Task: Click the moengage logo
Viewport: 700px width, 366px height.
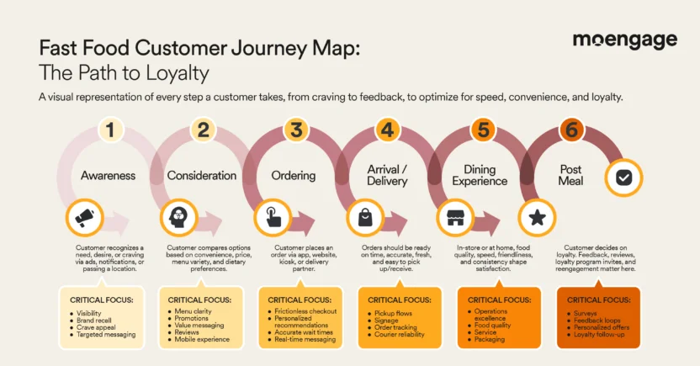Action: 624,40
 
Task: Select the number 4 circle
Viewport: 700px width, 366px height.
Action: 386,130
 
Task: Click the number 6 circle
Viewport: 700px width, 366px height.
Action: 570,130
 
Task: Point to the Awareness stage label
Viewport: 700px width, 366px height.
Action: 109,176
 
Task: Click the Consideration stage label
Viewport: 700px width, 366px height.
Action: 201,176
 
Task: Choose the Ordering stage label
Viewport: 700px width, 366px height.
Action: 294,176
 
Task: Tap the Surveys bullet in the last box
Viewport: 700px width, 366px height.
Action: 588,312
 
